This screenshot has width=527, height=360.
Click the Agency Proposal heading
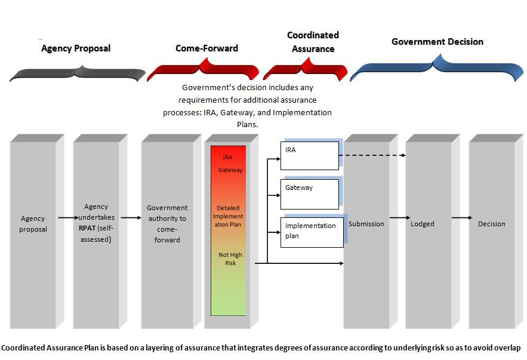tap(76, 48)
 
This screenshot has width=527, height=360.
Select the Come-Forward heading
tap(207, 48)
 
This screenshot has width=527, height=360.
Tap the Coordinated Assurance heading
tap(313, 42)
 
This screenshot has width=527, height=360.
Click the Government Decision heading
tap(437, 42)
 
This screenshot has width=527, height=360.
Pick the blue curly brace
tap(437, 67)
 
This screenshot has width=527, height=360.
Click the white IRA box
tap(310, 156)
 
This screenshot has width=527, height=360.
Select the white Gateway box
tap(310, 194)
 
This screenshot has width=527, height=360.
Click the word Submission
tap(366, 224)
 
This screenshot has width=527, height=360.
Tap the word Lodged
tap(423, 224)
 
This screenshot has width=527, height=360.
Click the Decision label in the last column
tap(491, 224)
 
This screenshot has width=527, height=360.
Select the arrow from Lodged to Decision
tap(461, 218)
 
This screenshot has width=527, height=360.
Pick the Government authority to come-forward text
tap(167, 224)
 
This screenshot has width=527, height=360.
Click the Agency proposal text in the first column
tap(33, 224)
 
